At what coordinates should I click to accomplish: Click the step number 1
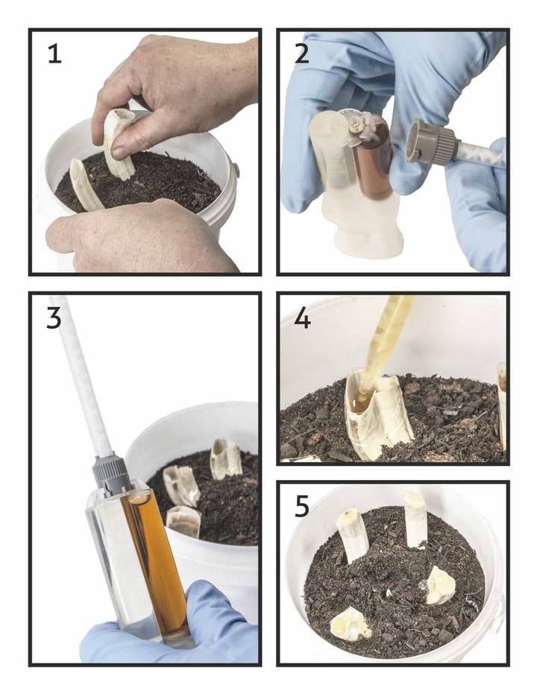pyautogui.click(x=54, y=54)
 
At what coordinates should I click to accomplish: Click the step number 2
pyautogui.click(x=302, y=54)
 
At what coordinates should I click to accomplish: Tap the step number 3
pyautogui.click(x=54, y=319)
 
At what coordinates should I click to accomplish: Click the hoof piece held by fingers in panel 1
pyautogui.click(x=118, y=142)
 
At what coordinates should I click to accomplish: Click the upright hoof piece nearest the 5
pyautogui.click(x=352, y=535)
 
